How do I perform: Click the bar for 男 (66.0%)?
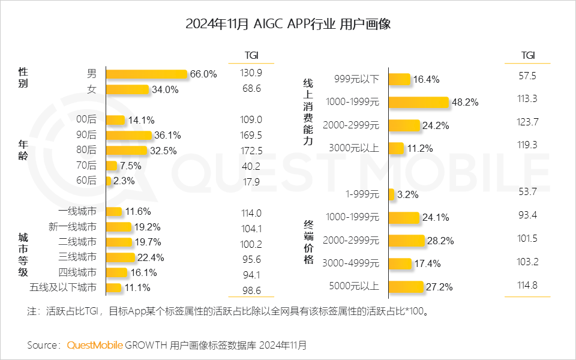(x=146, y=74)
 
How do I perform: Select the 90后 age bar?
(x=129, y=135)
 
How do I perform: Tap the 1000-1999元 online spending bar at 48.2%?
(x=418, y=102)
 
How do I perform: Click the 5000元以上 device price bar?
(x=406, y=286)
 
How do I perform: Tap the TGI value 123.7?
(x=527, y=122)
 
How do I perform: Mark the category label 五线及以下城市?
(x=63, y=288)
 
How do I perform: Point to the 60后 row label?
(x=86, y=181)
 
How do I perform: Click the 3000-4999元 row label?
(x=351, y=263)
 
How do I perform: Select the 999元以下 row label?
(x=356, y=79)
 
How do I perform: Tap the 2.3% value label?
(x=124, y=181)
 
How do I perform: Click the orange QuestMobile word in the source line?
(x=95, y=345)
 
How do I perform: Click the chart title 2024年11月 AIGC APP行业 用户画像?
(x=288, y=24)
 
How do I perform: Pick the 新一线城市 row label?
(x=72, y=227)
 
